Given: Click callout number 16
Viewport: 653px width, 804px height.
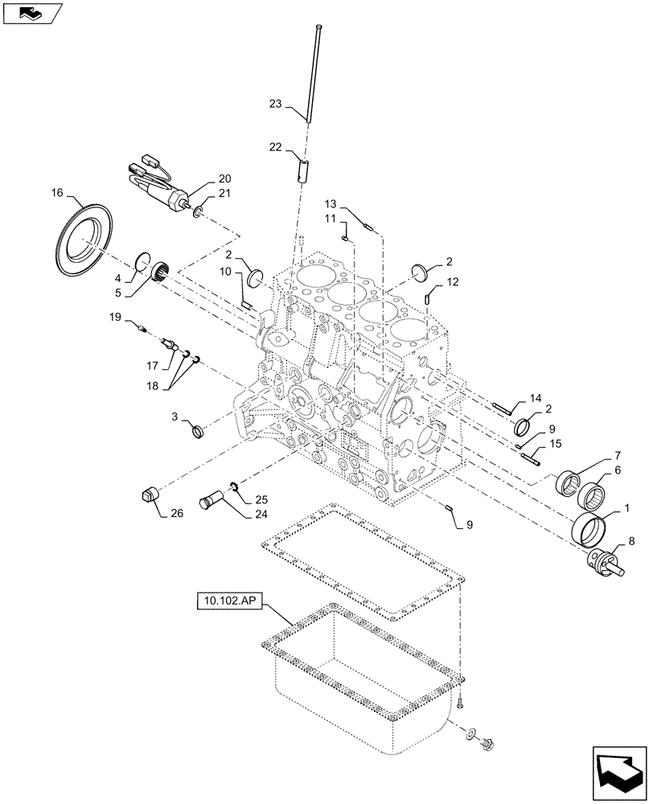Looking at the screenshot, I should (56, 193).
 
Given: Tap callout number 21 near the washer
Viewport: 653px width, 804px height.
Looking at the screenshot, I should (224, 194).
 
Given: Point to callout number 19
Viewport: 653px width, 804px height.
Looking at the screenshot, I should (115, 318).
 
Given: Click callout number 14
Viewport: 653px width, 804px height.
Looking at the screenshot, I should (536, 399).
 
